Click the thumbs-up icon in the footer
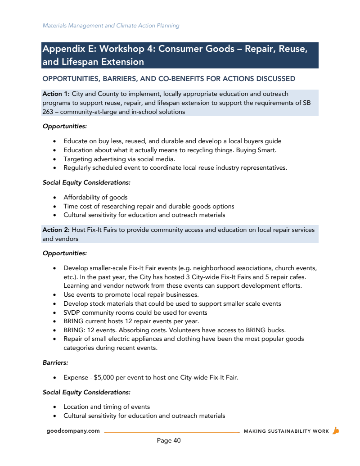coord(335,430)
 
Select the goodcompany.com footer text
coord(73,431)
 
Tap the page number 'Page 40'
coord(169,440)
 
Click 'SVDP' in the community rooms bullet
coord(72,312)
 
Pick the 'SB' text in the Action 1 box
coord(306,103)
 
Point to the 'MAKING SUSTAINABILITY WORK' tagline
coord(286,431)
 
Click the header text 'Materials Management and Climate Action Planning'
coord(111,26)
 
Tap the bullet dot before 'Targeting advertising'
coord(54,159)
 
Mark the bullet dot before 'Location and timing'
coord(54,407)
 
